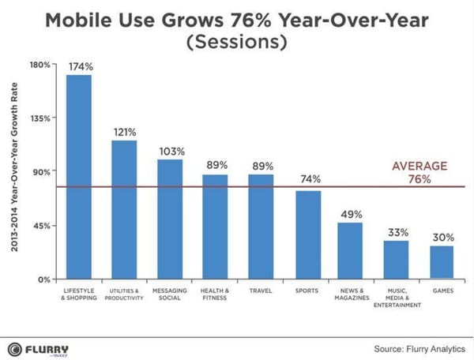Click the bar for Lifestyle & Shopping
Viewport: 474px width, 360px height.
coord(78,177)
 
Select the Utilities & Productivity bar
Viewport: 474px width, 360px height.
coord(124,209)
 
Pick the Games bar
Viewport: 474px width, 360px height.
coord(442,262)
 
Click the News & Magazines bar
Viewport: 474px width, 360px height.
coord(350,250)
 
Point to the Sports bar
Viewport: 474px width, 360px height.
coord(308,234)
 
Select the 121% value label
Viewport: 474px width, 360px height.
coord(124,133)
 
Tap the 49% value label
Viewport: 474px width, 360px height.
coord(351,215)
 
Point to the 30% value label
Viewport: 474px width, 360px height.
coord(442,238)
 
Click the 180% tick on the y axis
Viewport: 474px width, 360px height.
coord(40,64)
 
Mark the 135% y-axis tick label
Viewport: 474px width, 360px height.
coord(40,118)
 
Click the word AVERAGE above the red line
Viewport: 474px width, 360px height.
coord(419,166)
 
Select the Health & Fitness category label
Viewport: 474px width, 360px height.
coord(216,295)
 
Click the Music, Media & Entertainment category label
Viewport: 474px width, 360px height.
coord(397,299)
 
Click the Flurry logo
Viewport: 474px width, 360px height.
coord(38,348)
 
